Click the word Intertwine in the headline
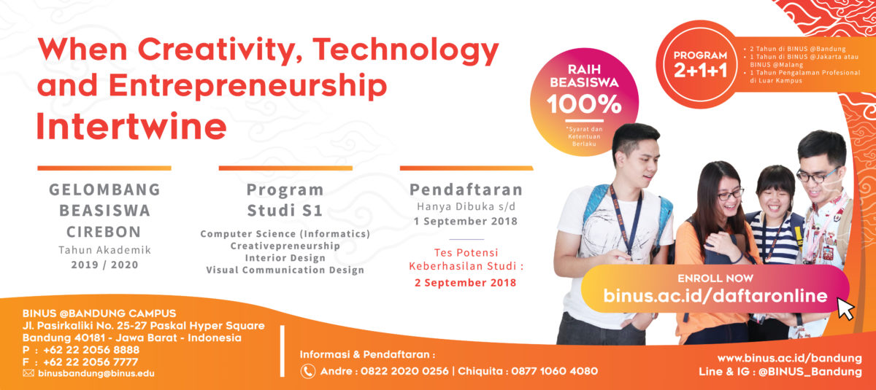coord(131,127)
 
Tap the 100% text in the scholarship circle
coord(584,104)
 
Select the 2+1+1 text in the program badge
coord(700,71)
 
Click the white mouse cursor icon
coord(845,309)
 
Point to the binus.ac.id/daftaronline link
coord(715,295)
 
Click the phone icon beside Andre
coord(308,371)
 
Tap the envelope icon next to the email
coord(28,373)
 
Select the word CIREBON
coord(104,232)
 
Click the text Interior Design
coord(285,258)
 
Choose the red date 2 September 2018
coord(466,283)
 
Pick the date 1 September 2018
coord(466,222)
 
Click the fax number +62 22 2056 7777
coord(91,362)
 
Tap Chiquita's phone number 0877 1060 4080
coord(555,371)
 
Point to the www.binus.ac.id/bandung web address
coord(790,358)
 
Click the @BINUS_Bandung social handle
coord(810,372)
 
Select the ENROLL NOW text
coord(715,278)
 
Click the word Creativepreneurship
coord(285,246)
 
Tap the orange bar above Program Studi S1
coord(285,168)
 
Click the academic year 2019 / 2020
coord(104,265)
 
